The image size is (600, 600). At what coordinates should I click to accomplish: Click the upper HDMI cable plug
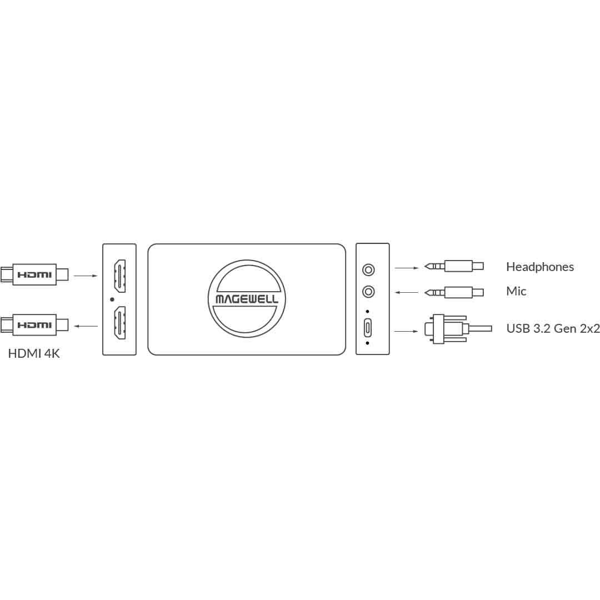[34, 274]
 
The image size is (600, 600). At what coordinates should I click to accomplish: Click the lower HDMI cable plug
[34, 324]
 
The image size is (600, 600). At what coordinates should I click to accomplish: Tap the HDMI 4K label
[34, 353]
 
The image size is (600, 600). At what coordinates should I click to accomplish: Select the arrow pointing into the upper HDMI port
[85, 275]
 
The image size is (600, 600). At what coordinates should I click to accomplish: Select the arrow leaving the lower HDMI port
[85, 326]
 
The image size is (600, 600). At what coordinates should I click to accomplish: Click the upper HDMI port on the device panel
[119, 276]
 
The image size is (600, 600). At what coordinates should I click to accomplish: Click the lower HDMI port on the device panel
[119, 323]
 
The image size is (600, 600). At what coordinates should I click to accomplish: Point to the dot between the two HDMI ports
[112, 299]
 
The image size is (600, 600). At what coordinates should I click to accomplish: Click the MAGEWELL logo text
[247, 299]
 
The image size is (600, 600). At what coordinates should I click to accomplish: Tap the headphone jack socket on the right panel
[368, 270]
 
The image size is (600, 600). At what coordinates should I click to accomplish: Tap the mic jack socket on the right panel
[368, 291]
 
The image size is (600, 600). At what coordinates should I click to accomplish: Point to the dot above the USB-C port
[368, 311]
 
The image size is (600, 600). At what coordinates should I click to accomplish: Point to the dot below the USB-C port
[368, 343]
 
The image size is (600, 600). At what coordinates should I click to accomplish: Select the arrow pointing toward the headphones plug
[406, 268]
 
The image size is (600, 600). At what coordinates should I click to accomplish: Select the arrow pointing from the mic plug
[406, 292]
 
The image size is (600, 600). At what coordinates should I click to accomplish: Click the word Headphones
[539, 267]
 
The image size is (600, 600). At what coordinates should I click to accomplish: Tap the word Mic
[516, 291]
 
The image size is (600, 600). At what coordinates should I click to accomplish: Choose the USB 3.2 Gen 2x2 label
[553, 328]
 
